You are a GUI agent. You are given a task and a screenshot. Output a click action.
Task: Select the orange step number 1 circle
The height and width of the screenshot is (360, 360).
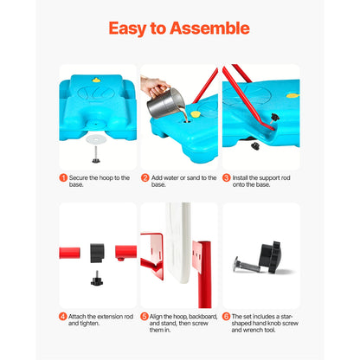click(x=63, y=177)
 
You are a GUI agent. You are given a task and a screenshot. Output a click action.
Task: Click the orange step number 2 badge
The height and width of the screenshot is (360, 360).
click(x=145, y=177)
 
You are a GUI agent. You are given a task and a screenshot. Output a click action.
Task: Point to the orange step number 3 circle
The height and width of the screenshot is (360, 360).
click(x=226, y=177)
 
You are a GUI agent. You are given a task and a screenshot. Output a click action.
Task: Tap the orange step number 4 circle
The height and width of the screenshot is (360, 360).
click(x=63, y=317)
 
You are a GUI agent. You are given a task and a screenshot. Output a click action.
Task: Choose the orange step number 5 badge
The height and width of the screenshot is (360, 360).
click(x=145, y=317)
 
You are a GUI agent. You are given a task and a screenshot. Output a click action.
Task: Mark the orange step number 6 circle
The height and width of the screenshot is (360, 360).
click(x=226, y=317)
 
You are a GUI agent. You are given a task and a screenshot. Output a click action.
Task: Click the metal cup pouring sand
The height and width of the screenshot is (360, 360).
click(x=162, y=101)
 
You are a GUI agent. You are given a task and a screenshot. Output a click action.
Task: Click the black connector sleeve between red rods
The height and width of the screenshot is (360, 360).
click(x=98, y=253)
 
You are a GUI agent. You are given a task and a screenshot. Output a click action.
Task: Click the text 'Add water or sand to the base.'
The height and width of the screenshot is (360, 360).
click(x=178, y=181)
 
